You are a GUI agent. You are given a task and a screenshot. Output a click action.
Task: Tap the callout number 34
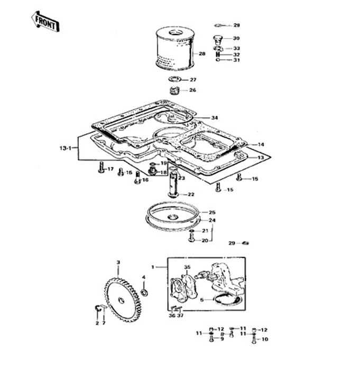tap(214, 117)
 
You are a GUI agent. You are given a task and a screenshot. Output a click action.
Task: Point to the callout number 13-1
tap(66, 148)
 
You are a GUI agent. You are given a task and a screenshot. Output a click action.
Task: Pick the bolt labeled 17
tap(100, 169)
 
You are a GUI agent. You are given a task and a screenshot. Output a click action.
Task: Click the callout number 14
tap(261, 144)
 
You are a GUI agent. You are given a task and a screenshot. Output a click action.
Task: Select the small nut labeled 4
tap(144, 291)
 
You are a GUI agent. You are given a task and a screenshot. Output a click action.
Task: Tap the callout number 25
tap(212, 212)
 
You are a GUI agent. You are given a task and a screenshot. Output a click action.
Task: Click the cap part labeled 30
tap(218, 39)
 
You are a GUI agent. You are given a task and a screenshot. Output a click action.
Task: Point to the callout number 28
tap(202, 53)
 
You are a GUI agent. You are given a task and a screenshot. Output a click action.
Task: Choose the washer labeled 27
tap(176, 80)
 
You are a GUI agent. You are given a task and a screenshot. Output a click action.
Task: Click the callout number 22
tap(190, 194)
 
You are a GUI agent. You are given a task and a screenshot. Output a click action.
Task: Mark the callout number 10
tap(265, 339)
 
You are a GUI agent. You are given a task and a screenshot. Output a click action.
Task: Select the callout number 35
tap(187, 267)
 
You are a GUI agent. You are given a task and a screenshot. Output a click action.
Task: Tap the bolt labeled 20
tap(191, 239)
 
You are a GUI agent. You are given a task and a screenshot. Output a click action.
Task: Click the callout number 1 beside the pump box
tap(153, 267)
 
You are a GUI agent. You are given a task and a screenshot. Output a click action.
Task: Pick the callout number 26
tap(192, 90)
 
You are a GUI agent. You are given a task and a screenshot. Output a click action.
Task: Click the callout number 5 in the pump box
tap(201, 299)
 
